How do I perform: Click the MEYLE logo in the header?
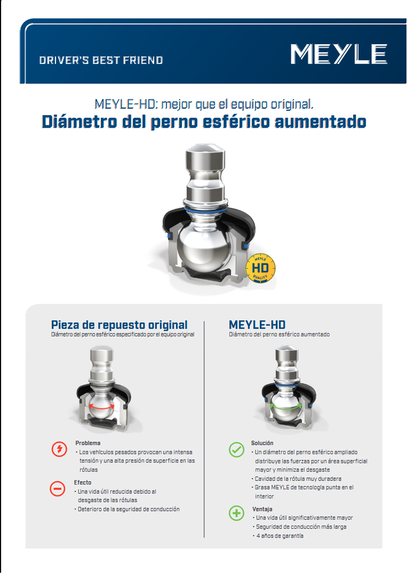(339, 54)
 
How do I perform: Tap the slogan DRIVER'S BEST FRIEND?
(101, 60)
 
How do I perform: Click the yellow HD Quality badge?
(260, 268)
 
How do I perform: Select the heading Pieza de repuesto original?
(119, 325)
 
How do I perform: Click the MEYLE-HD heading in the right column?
(257, 325)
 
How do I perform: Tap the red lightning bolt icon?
(59, 449)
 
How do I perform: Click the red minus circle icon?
(58, 489)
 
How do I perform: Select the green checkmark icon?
(237, 449)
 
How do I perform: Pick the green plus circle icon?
(237, 513)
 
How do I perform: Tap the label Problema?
(88, 443)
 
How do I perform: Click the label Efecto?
(83, 482)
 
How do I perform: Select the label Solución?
(262, 443)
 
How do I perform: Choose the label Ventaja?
(262, 509)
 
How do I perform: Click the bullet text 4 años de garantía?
(280, 536)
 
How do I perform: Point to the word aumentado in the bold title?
(320, 121)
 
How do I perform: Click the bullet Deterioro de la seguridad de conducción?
(128, 509)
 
